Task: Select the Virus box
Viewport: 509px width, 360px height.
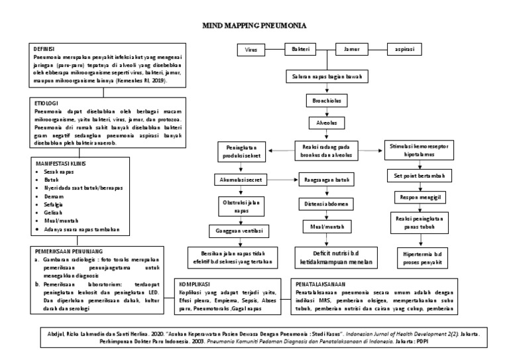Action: [x=251, y=50]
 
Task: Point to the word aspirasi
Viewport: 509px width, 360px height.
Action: [x=405, y=50]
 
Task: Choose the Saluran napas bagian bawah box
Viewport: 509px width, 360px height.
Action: [x=325, y=77]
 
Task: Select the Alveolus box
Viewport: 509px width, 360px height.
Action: [x=325, y=123]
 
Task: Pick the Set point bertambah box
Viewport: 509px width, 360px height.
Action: [x=420, y=176]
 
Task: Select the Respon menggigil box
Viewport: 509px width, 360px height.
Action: [x=420, y=198]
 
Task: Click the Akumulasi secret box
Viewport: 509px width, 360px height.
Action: [x=243, y=180]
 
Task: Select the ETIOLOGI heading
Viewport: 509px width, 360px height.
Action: [x=46, y=104]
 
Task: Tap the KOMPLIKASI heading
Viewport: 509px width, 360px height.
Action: [x=195, y=282]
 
